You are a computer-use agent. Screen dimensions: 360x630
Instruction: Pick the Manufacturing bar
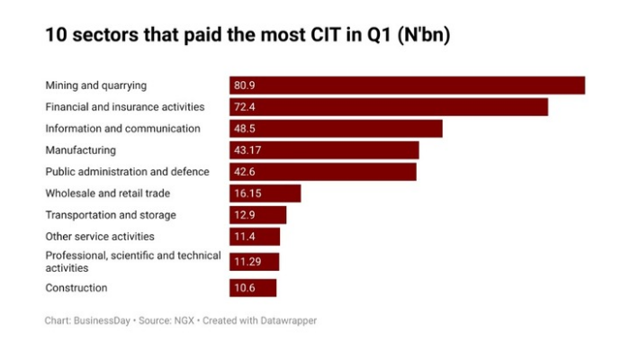pyautogui.click(x=324, y=150)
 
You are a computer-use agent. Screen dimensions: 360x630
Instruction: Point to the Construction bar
pyautogui.click(x=253, y=288)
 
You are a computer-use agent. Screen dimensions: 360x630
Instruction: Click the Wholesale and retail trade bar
pyautogui.click(x=265, y=193)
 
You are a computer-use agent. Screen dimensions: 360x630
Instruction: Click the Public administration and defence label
pyautogui.click(x=127, y=172)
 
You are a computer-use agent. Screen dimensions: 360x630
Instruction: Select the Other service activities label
pyautogui.click(x=100, y=237)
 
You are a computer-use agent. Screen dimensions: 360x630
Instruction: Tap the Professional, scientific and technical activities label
pyautogui.click(x=132, y=262)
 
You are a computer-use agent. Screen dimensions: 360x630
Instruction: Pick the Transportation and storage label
pyautogui.click(x=111, y=215)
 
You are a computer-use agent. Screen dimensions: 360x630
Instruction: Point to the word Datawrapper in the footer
pyautogui.click(x=285, y=320)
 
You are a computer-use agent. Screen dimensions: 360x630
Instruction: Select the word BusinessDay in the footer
pyautogui.click(x=101, y=320)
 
